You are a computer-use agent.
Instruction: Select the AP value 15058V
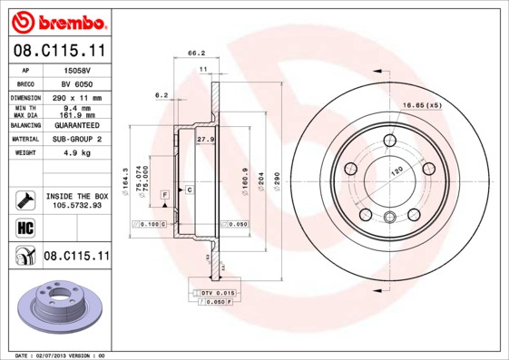coord(73,69)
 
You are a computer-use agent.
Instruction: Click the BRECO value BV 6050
coord(73,83)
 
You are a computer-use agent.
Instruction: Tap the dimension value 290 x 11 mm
coord(74,97)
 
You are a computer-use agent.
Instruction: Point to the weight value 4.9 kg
coord(73,154)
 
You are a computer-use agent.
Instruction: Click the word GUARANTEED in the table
coord(74,124)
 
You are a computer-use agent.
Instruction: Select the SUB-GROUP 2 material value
coord(74,140)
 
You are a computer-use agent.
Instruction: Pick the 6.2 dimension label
coord(162,94)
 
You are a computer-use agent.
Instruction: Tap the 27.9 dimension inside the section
coord(205,140)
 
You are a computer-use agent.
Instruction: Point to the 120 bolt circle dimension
coord(396,171)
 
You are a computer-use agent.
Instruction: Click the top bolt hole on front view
coord(390,140)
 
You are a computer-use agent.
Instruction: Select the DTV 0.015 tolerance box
coord(218,293)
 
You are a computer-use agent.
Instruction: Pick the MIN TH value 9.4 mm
coord(73,109)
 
